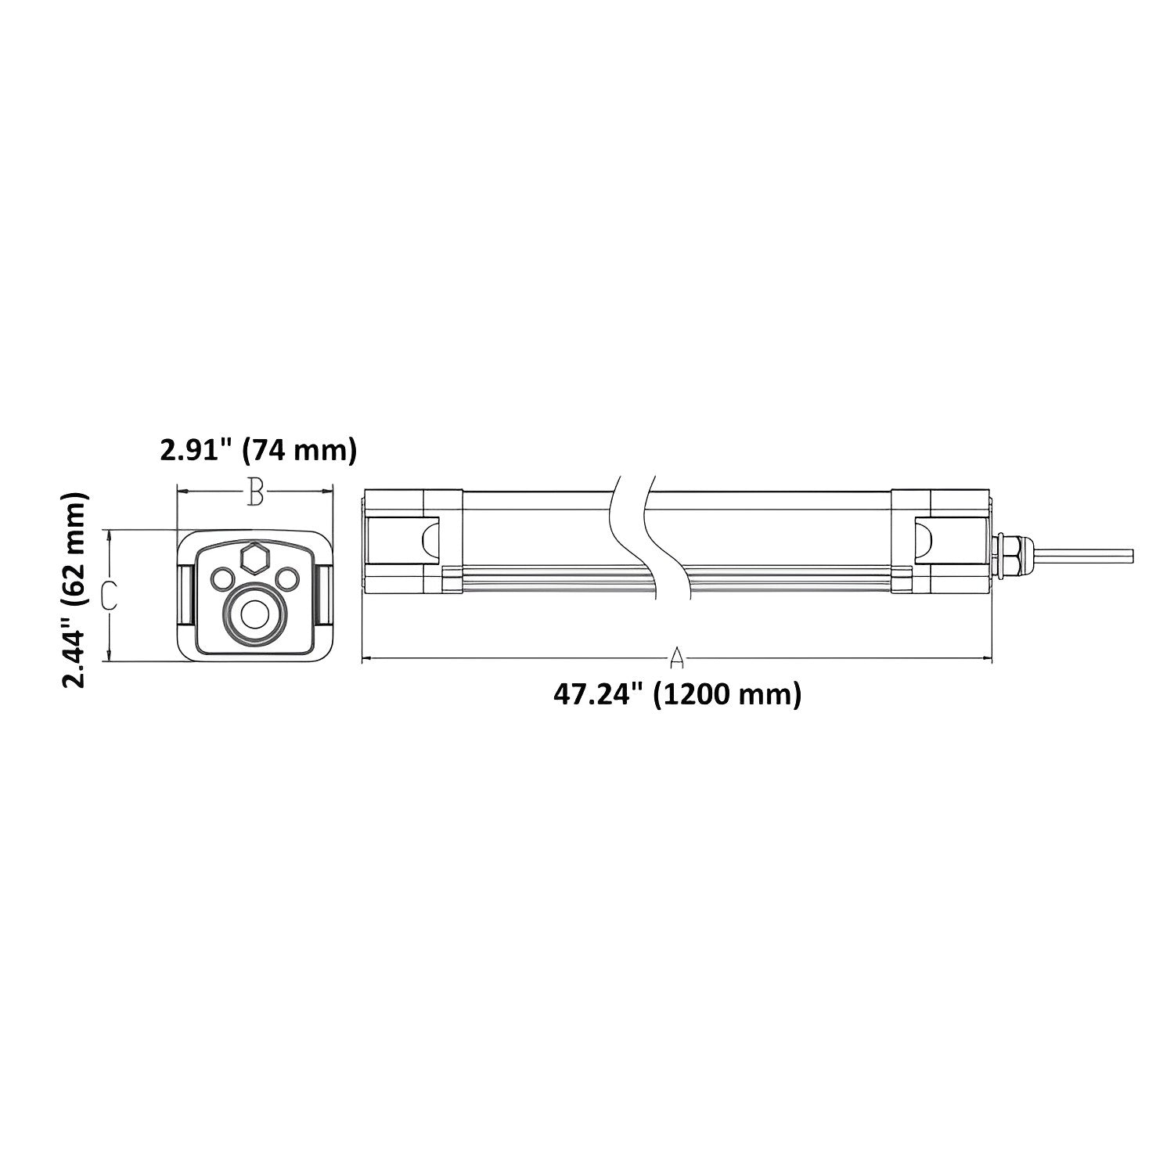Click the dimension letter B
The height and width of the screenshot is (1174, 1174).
[x=254, y=492]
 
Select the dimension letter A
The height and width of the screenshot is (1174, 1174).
[x=677, y=659]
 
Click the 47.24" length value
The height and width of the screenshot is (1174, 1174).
[x=599, y=694]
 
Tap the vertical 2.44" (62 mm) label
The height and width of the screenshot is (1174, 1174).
[x=75, y=589]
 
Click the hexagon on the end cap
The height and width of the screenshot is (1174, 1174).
[x=254, y=558]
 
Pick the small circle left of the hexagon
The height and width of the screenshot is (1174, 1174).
[x=222, y=578]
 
